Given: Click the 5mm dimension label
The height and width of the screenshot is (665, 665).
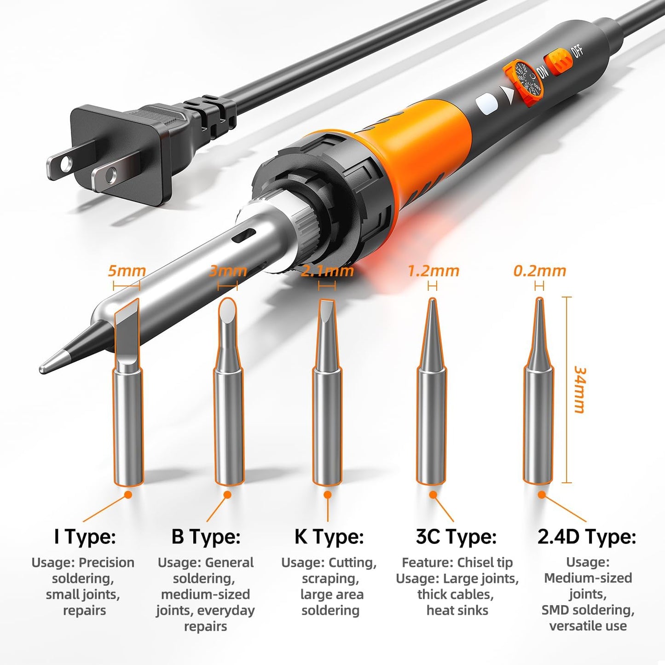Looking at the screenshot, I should coord(127,271).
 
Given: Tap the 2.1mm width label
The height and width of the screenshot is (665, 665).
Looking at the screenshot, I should coord(327,271).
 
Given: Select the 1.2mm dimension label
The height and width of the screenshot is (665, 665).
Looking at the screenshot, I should coord(433,271).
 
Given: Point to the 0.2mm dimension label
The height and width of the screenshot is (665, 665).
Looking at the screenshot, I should coord(539,271).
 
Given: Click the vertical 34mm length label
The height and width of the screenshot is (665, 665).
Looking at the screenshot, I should coord(580,390).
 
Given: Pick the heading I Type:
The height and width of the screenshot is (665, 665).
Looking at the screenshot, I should coord(85,537).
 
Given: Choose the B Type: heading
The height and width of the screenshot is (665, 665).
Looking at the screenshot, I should coord(206,537).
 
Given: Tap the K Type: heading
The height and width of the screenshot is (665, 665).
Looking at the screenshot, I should coord(329,537).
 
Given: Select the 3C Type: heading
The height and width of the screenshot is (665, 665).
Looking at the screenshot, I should coord(456,537).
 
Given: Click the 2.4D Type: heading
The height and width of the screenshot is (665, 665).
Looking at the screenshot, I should coord(587,537).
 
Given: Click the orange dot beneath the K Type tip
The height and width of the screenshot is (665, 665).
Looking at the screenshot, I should coord(328,495).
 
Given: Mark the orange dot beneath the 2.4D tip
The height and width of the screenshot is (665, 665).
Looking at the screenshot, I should coord(542,495).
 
